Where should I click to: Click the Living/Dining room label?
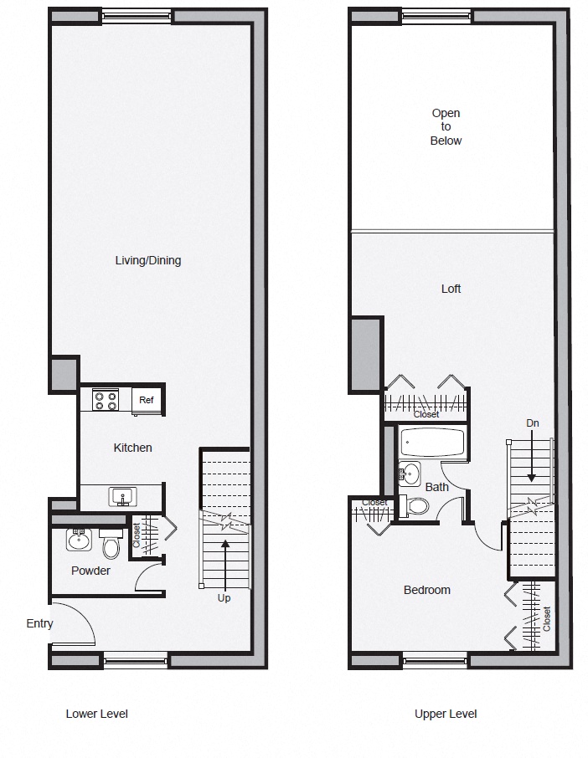point(147,260)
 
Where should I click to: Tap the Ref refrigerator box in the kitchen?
point(147,400)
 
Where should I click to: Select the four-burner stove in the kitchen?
point(106,400)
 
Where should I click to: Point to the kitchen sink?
point(122,497)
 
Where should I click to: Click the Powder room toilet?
point(111,545)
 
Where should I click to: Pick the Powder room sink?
point(80,540)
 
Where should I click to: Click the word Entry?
point(39,623)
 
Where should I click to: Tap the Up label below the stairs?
point(224,598)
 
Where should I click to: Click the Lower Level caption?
point(96,714)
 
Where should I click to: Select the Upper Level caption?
point(446,714)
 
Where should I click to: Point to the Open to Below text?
point(446,127)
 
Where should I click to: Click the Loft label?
point(451,289)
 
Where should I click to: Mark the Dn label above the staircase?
point(532,423)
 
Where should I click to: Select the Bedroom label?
point(426,590)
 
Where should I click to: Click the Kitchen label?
point(133,448)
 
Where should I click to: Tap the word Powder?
point(90,571)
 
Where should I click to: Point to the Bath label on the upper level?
point(436,487)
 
